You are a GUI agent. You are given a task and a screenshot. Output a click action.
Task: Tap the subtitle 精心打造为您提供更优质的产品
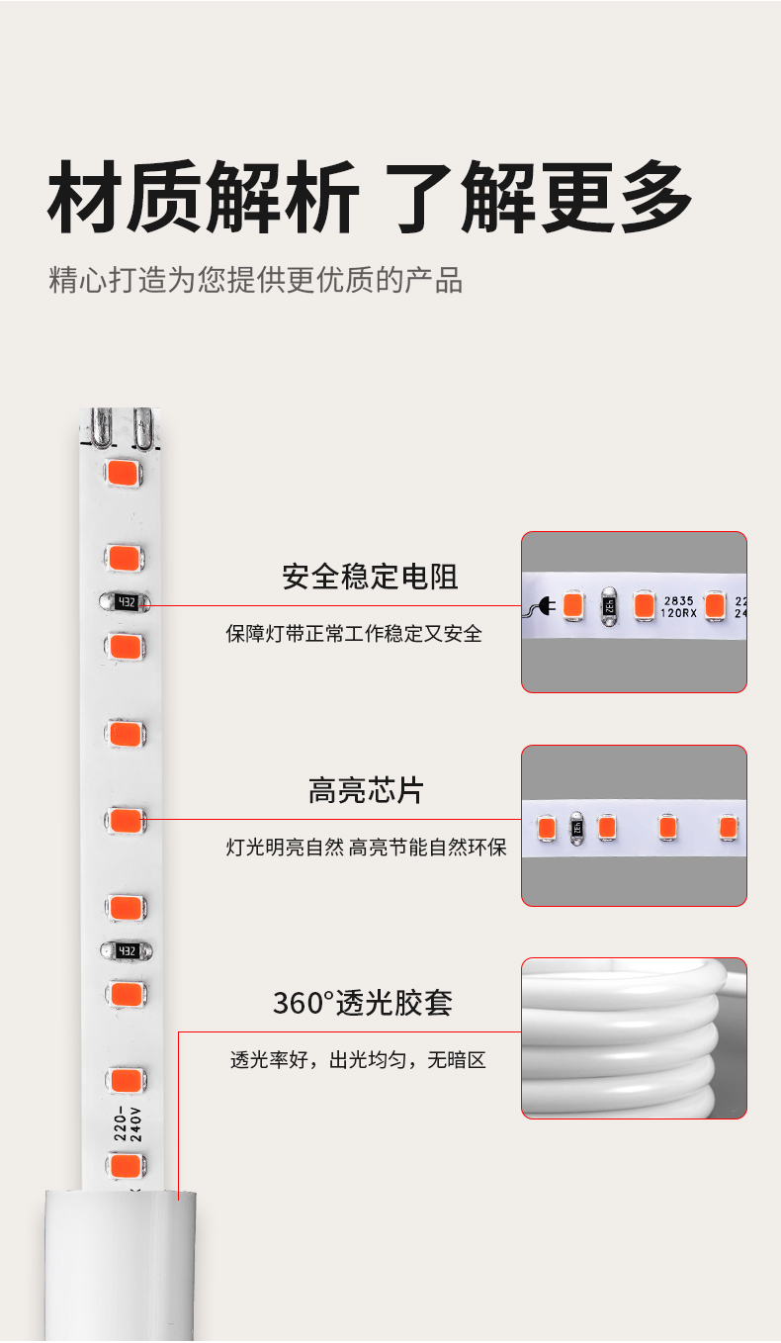(x=256, y=280)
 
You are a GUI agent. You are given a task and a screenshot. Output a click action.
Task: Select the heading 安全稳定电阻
(x=370, y=576)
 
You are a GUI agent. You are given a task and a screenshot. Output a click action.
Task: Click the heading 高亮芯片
(x=366, y=791)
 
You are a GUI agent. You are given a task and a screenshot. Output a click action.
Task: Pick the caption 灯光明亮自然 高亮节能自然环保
(x=366, y=848)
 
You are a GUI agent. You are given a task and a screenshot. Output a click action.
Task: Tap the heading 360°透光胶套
(x=363, y=1003)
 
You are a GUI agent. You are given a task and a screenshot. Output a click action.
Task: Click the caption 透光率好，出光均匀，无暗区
(x=358, y=1061)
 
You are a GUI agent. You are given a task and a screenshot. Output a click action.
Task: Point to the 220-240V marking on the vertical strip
(x=129, y=1123)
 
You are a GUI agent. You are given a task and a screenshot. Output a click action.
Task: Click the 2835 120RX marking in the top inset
(x=679, y=606)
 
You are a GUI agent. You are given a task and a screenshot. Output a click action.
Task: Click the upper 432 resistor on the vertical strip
(x=126, y=601)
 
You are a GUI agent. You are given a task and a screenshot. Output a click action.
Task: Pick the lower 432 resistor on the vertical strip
(x=126, y=950)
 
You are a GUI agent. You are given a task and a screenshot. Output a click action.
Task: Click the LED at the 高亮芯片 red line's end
(x=126, y=820)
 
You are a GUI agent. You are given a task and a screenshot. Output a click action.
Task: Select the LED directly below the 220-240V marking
(x=126, y=1165)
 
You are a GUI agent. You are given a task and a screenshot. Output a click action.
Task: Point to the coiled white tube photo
(x=634, y=1038)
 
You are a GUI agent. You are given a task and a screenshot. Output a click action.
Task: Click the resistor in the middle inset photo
(x=576, y=827)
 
